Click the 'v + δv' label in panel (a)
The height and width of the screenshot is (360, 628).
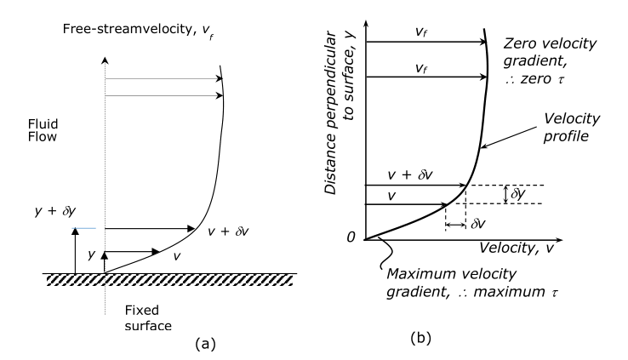click(231, 231)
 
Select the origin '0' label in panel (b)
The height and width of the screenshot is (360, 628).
click(349, 237)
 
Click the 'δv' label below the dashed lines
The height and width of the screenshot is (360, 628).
click(478, 225)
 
